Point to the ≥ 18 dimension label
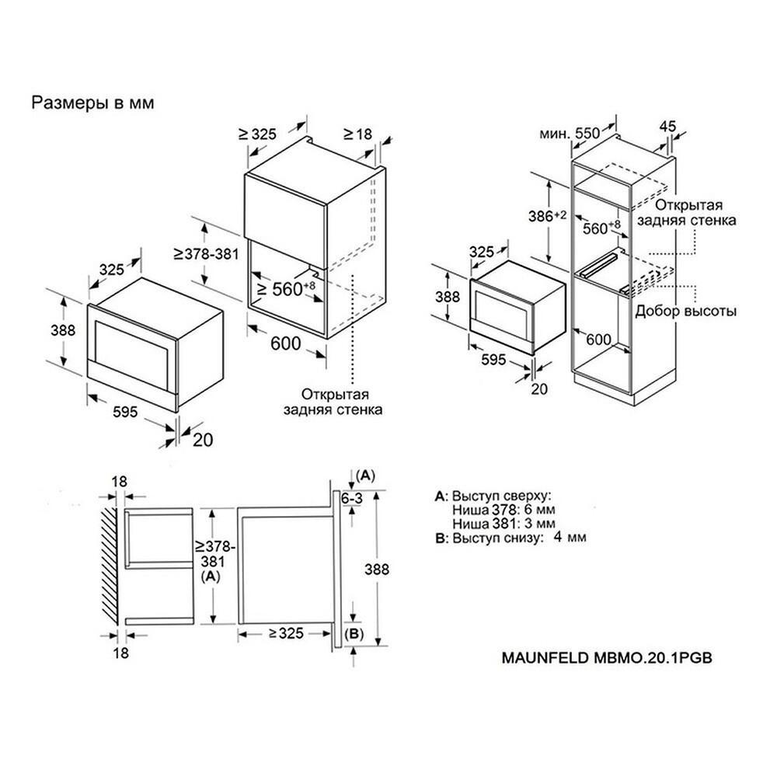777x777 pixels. click(x=357, y=134)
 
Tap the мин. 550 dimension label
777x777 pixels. click(x=570, y=133)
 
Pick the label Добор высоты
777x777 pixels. click(x=686, y=311)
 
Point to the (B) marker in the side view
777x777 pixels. click(x=354, y=635)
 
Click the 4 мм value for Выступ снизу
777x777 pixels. click(x=570, y=537)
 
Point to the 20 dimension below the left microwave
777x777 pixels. click(x=202, y=439)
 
